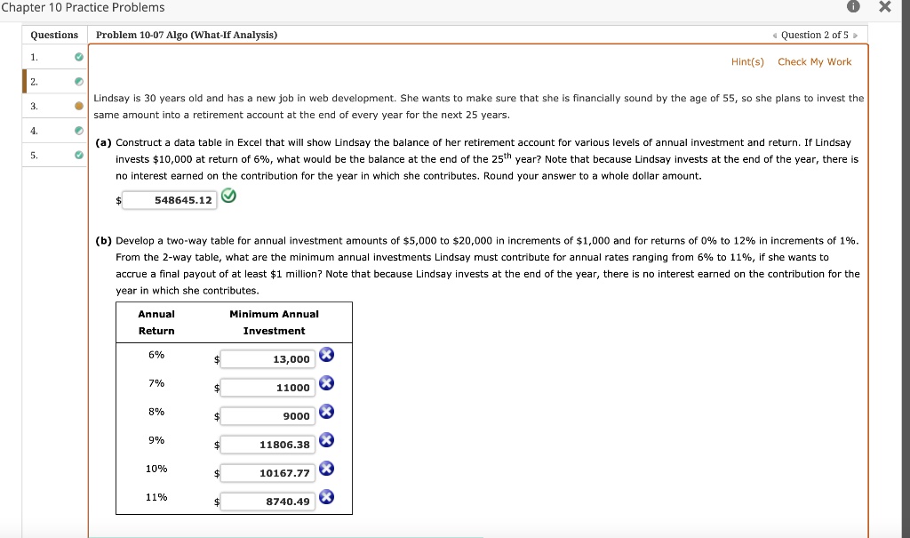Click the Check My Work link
click(x=814, y=61)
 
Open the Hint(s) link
click(x=747, y=61)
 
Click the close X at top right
click(x=883, y=8)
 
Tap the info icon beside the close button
click(x=853, y=8)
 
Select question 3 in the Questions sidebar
click(x=35, y=106)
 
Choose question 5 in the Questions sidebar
click(x=35, y=156)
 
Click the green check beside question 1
click(x=78, y=57)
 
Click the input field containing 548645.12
click(x=169, y=200)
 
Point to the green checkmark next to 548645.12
click(x=228, y=198)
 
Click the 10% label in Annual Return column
click(x=156, y=469)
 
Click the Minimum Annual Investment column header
click(x=274, y=322)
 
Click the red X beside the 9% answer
click(x=326, y=440)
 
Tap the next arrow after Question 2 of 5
click(x=855, y=35)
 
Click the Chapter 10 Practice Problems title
click(x=83, y=8)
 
